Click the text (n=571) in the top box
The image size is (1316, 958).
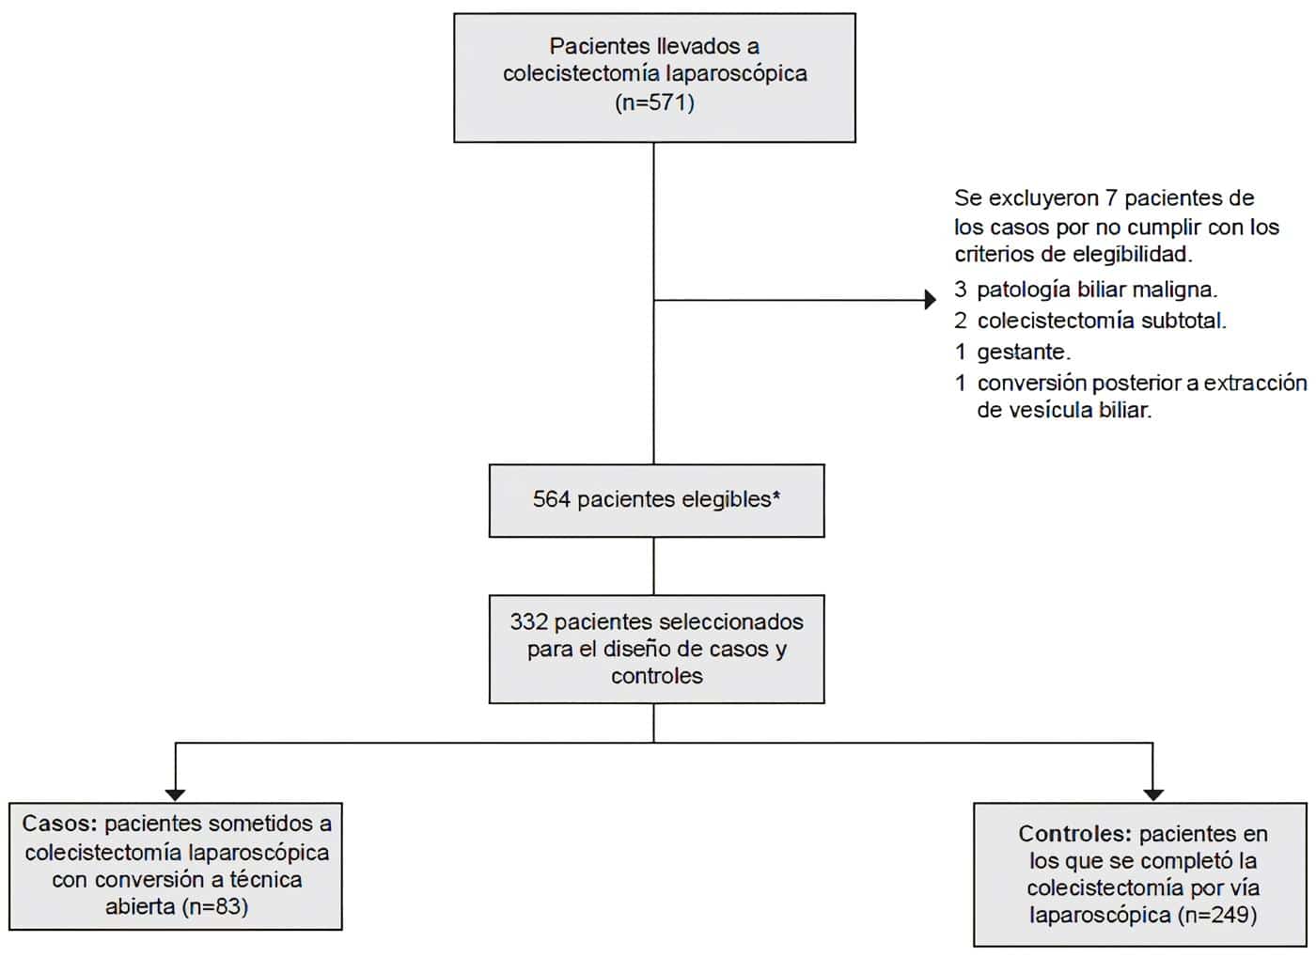655,102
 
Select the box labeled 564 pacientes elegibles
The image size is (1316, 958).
656,500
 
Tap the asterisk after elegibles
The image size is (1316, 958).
776,495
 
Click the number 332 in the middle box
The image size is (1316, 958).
528,621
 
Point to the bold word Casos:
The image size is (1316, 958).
59,824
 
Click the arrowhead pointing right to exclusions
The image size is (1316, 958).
931,300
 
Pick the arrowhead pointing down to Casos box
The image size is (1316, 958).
175,794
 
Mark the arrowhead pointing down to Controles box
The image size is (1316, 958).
1153,794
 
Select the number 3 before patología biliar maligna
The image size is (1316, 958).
960,290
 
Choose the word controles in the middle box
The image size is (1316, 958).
656,675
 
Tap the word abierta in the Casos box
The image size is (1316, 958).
140,906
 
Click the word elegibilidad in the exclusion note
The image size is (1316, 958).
1132,254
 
